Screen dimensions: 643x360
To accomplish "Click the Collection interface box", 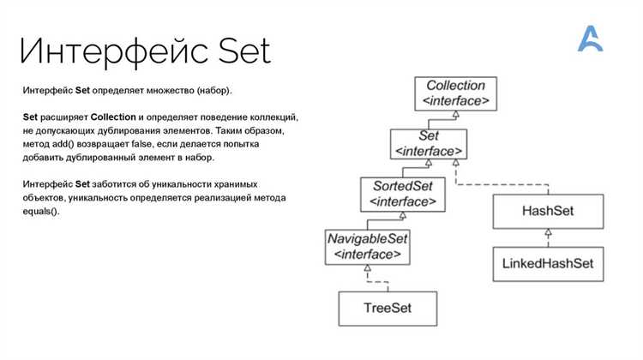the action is (x=455, y=94).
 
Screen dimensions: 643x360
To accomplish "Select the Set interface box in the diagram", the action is (x=429, y=144).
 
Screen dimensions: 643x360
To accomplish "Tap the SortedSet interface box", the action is (x=403, y=195).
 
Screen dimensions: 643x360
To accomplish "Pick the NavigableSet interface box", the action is (x=368, y=247).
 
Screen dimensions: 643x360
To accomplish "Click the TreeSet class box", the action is (x=388, y=309).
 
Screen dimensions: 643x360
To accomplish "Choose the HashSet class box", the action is (x=548, y=211).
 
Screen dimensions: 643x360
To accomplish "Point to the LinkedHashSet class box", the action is (x=548, y=264).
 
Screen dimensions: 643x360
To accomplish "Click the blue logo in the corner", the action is (x=590, y=39).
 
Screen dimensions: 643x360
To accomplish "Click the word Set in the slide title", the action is (x=244, y=51).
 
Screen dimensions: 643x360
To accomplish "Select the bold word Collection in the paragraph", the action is (x=113, y=117).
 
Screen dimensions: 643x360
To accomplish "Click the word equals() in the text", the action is (x=41, y=212).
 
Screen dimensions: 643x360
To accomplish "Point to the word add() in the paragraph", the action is (x=63, y=144).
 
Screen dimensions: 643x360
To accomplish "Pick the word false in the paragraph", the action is (x=141, y=144).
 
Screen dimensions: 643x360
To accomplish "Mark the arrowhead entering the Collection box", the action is (x=455, y=115).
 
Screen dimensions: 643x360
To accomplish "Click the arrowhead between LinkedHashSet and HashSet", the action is (x=549, y=232).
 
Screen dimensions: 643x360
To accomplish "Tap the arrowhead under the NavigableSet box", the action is (x=368, y=268).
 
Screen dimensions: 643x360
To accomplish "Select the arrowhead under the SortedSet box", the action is (x=403, y=215).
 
